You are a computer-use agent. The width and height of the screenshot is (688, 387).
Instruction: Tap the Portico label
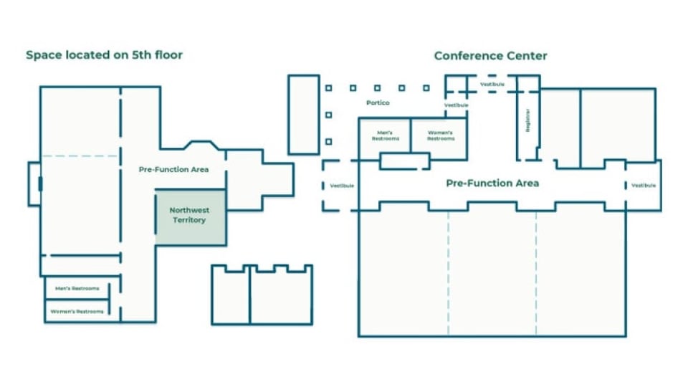click(378, 103)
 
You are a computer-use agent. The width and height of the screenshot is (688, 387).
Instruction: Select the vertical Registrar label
click(528, 120)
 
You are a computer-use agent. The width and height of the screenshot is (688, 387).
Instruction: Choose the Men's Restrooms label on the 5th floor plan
click(77, 289)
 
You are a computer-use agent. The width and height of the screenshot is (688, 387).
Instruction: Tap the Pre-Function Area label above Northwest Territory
click(173, 170)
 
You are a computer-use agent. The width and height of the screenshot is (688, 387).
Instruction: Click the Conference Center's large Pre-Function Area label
click(492, 183)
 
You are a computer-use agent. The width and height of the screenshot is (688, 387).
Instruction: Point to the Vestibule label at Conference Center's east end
click(643, 186)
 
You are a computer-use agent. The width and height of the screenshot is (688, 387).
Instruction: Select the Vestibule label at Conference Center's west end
click(342, 186)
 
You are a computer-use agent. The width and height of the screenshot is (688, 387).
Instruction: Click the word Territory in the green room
click(188, 220)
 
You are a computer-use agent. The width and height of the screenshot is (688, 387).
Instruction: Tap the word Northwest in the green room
click(188, 210)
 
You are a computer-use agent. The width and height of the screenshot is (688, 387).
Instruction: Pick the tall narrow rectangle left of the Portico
click(303, 114)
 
